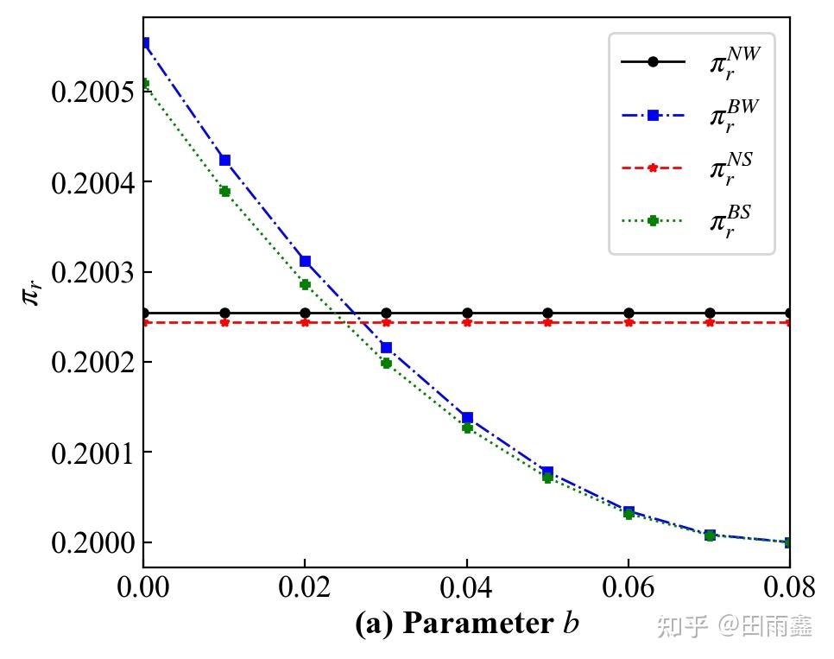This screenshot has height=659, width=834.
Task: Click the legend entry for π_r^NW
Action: tap(691, 62)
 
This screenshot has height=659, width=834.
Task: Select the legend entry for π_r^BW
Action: tap(691, 115)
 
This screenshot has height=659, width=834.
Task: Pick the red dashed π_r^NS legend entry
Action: tap(691, 168)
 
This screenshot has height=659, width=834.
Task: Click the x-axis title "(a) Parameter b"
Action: tap(466, 624)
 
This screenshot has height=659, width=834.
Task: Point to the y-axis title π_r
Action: tap(31, 294)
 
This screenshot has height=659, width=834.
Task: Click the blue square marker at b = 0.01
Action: tap(224, 160)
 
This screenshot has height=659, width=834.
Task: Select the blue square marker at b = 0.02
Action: tap(305, 261)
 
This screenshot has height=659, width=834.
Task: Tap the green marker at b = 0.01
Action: tap(224, 191)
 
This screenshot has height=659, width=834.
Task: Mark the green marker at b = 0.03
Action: tap(386, 363)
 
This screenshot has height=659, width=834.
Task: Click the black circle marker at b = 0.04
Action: tap(467, 313)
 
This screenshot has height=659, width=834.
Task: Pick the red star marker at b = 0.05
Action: tap(547, 322)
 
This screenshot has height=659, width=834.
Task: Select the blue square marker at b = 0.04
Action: tap(467, 417)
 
